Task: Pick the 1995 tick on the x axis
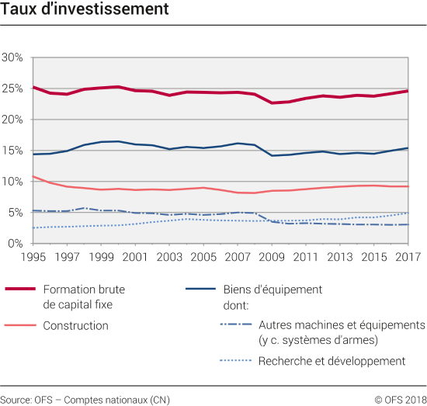click(33, 257)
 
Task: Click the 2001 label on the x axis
click(134, 257)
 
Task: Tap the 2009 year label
click(270, 257)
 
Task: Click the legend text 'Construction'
click(76, 326)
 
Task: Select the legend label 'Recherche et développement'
click(332, 361)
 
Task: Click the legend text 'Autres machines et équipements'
click(342, 325)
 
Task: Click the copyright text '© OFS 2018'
click(400, 398)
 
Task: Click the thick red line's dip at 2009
click(270, 102)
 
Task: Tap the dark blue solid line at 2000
click(117, 141)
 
